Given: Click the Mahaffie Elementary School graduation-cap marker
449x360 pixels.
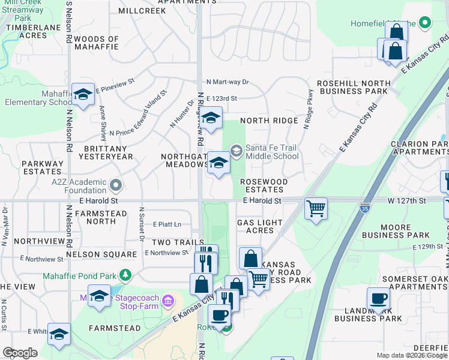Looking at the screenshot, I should point(83,95).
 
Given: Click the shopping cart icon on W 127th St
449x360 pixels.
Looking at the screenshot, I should point(316,209).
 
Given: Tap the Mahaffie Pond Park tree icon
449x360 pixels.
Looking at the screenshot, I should point(125,275).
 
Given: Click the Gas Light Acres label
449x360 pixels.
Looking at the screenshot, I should point(260,226).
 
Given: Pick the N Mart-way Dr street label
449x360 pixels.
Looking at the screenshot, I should point(228,82).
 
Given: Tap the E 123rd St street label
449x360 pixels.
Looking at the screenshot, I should point(221,98).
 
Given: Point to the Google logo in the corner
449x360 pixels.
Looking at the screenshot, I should point(20,353).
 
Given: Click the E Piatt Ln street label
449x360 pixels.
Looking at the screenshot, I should point(167,224).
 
